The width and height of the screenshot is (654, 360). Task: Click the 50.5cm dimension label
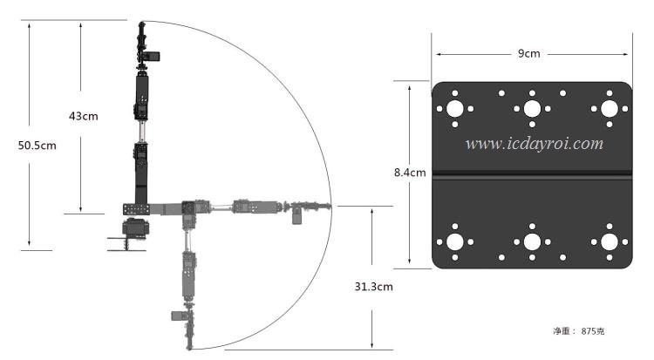coord(37,146)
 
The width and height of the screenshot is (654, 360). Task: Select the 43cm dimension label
coord(84,116)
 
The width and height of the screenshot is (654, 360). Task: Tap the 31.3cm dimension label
coord(374,287)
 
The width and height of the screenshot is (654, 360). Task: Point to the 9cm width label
coord(529,53)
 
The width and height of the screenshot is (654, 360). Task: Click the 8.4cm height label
coord(410,173)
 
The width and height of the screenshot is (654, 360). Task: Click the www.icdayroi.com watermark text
coord(535,144)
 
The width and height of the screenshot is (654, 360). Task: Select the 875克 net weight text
coord(593,331)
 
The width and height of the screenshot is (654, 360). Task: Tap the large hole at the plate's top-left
coord(454,109)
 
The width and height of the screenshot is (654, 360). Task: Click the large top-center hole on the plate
coord(532,109)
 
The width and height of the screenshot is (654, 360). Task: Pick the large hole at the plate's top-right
coord(610,109)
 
